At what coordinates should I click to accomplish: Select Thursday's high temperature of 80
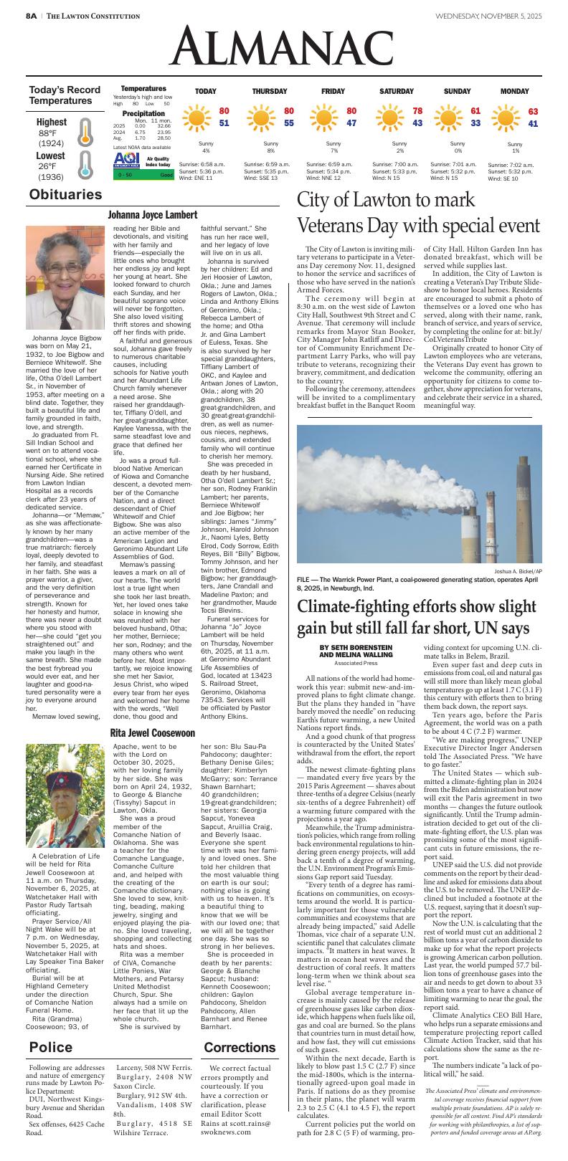(288, 111)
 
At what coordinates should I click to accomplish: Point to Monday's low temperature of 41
(533, 124)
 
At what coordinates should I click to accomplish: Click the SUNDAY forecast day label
(457, 92)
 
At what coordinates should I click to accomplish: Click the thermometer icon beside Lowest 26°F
(85, 164)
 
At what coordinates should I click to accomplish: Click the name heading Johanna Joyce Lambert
(152, 215)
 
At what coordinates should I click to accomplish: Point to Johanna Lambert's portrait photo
(65, 277)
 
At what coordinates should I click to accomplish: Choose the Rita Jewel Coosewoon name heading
(152, 733)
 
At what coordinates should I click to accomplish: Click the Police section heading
(51, 1048)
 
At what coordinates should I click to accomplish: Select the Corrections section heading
(240, 1048)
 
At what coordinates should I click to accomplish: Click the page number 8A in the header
(32, 16)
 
